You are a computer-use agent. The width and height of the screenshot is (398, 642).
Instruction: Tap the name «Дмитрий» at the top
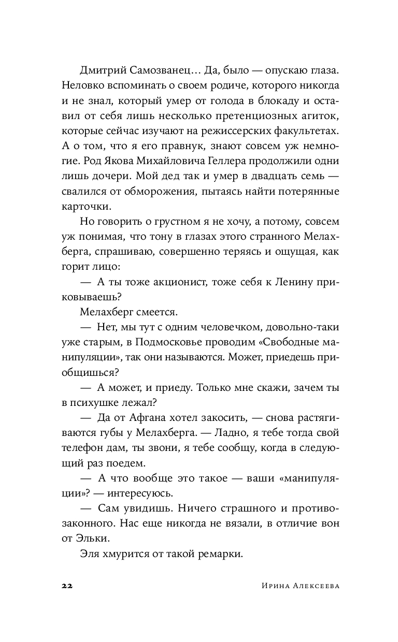pos(101,69)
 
